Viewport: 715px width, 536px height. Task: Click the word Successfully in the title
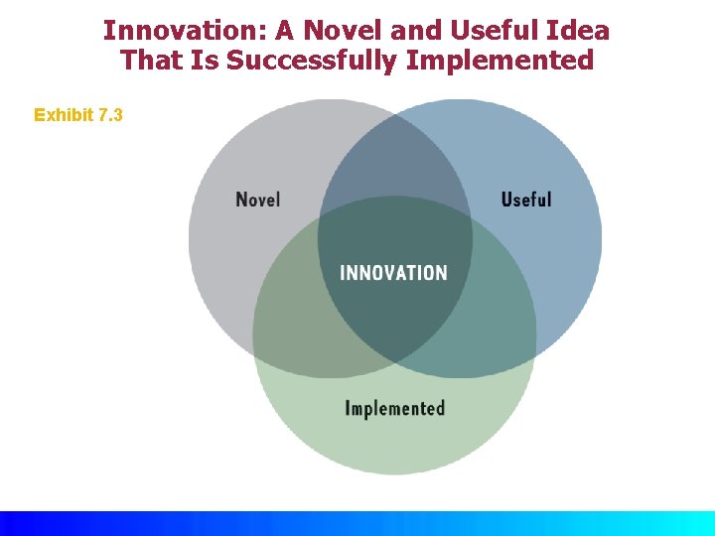312,61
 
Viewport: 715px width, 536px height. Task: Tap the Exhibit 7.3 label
78,115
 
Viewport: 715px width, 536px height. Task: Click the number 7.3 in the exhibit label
111,115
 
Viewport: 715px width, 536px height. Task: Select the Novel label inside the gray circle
258,200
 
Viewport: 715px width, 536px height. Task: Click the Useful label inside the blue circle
526,200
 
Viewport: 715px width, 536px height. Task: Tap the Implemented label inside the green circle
394,408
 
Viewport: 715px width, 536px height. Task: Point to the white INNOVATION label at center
393,272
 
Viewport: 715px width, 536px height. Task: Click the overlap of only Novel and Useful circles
394,159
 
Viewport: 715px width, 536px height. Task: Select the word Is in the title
208,61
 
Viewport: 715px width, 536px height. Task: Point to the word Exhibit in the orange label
64,115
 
